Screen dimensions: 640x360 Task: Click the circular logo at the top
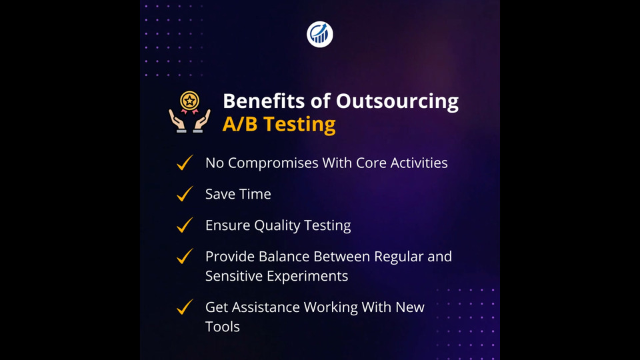point(319,34)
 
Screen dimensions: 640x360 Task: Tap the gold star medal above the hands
point(189,101)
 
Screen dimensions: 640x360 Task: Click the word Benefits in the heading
point(264,101)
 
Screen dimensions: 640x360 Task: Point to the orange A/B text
point(240,124)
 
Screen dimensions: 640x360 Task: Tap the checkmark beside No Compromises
point(185,162)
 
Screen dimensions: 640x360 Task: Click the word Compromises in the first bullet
point(273,163)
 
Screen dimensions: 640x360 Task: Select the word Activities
point(419,163)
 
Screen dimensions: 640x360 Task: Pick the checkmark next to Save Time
point(185,193)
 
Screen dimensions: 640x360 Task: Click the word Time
point(255,194)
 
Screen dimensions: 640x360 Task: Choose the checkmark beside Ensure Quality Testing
point(185,225)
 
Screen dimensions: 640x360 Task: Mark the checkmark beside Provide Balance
point(185,256)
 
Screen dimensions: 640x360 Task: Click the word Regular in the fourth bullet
point(399,257)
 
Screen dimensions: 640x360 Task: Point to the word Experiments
point(308,276)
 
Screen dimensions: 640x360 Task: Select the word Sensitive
point(235,276)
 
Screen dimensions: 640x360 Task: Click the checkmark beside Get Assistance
point(185,307)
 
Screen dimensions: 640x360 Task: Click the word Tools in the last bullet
point(223,327)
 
